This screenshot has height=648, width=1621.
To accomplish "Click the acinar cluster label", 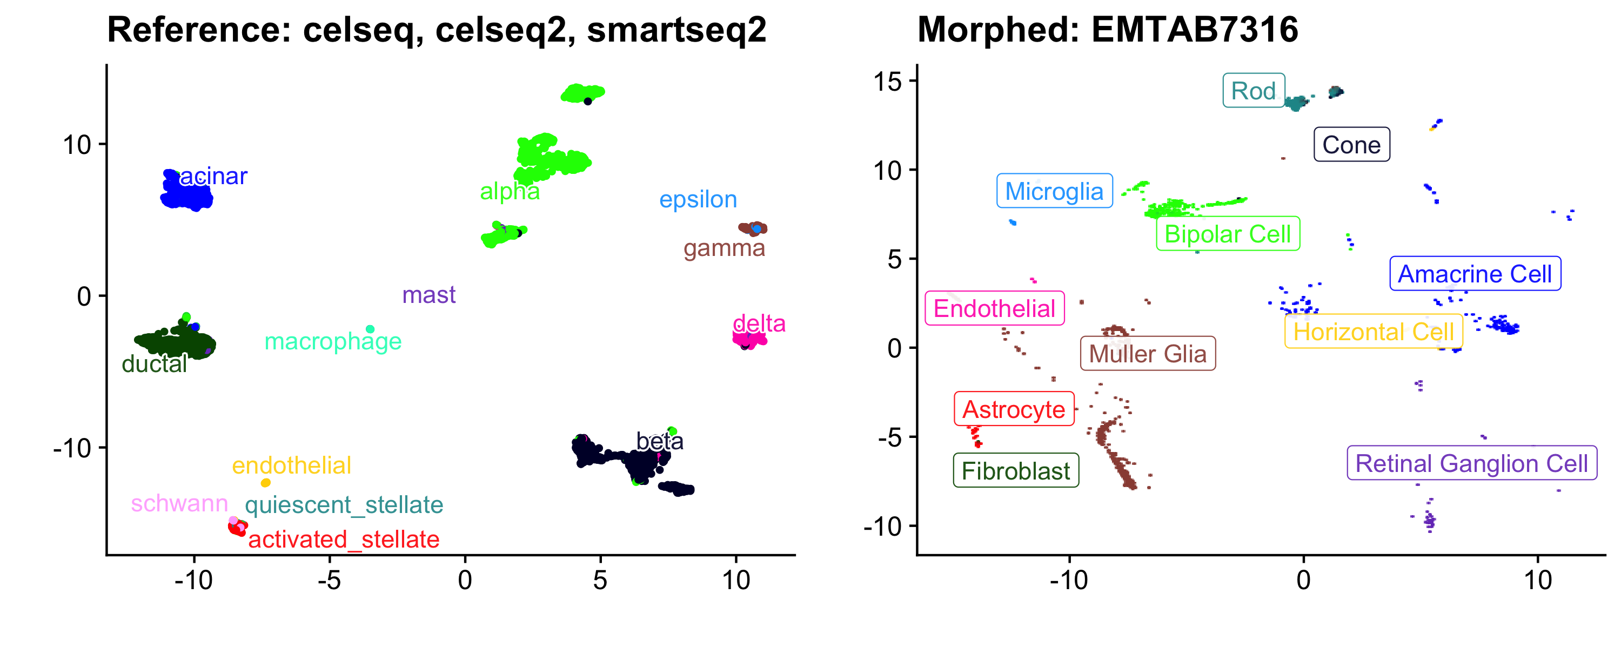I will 213,176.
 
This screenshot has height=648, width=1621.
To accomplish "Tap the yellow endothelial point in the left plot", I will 265,483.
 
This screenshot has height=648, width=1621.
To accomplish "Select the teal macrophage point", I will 370,329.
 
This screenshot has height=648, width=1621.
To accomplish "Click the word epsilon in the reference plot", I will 698,199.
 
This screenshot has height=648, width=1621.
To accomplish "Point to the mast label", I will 428,295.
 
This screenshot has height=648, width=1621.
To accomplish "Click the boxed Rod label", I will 1253,91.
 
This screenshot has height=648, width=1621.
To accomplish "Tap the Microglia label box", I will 1054,191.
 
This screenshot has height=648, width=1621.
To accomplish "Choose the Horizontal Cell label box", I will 1373,332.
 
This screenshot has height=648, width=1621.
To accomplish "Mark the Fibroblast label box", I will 1016,470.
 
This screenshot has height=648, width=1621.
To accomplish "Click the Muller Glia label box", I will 1147,354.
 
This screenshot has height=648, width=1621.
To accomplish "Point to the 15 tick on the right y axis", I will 888,81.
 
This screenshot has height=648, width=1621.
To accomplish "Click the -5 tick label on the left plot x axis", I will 329,580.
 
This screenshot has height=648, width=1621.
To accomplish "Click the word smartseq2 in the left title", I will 676,30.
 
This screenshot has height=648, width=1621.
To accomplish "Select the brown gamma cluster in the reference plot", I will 753,228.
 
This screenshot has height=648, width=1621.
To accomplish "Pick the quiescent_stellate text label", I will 344,504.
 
